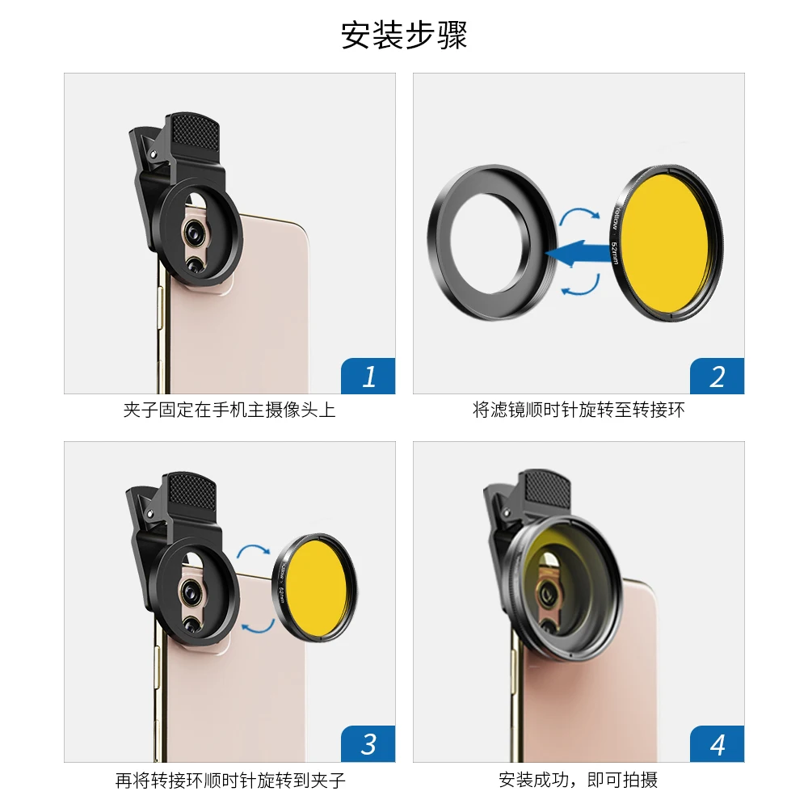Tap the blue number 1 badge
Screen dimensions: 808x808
(368, 376)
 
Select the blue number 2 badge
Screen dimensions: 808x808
(717, 376)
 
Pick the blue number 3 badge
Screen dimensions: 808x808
(368, 744)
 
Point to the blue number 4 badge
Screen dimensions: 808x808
(717, 744)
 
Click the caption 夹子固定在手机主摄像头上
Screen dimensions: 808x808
(229, 410)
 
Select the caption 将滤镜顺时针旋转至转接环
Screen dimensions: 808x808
(579, 410)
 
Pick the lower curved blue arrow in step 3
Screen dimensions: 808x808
(258, 628)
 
